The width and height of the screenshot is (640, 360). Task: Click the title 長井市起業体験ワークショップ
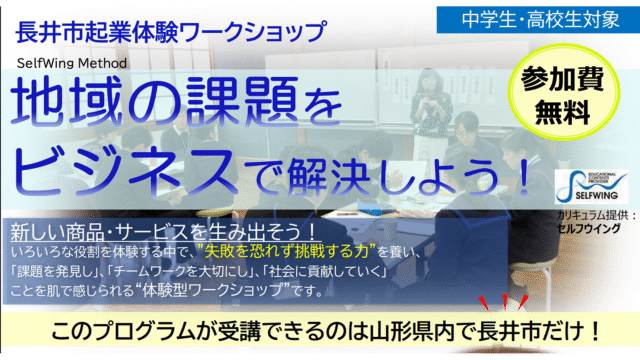pyautogui.click(x=170, y=32)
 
